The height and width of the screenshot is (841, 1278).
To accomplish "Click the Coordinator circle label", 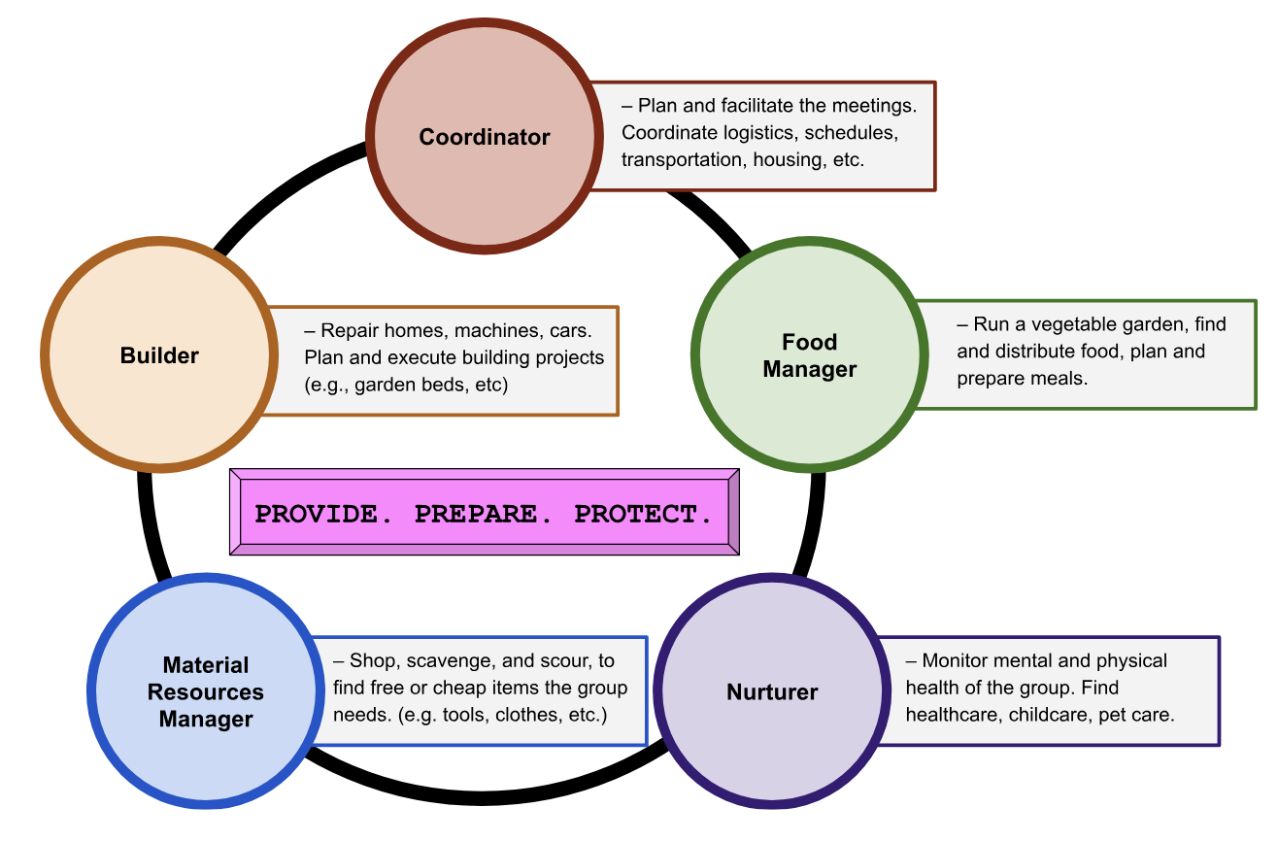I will (x=484, y=138).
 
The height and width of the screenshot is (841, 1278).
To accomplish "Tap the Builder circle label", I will (x=159, y=356).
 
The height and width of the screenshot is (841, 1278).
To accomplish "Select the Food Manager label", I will (x=809, y=355).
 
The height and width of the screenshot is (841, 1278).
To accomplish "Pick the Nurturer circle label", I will (x=772, y=692).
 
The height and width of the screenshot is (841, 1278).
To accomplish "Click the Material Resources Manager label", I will (x=206, y=692).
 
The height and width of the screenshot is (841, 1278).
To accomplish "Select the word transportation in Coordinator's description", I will (x=683, y=159).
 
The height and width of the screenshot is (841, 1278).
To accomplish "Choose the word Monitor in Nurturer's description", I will (x=957, y=660).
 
